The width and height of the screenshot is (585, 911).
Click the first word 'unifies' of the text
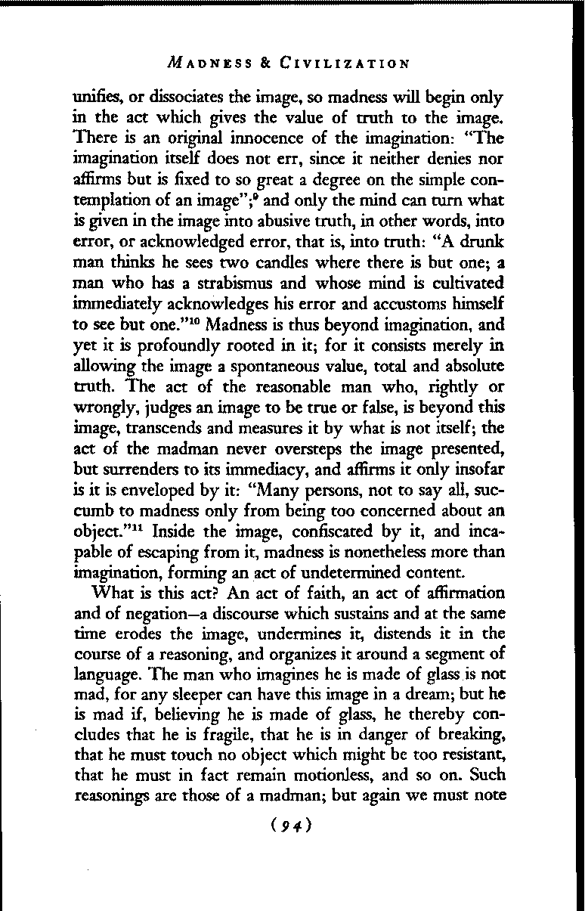click(x=97, y=98)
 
